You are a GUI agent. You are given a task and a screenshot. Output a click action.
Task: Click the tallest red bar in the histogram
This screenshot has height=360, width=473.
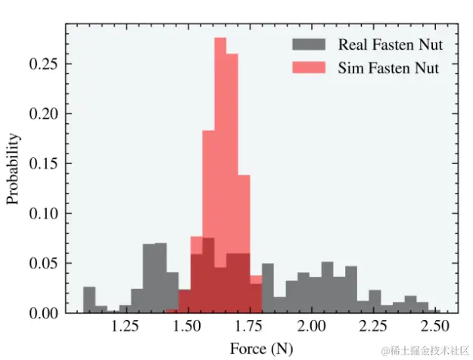pos(220,174)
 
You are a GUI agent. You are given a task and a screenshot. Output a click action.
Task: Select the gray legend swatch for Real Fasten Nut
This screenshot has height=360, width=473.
pos(311,45)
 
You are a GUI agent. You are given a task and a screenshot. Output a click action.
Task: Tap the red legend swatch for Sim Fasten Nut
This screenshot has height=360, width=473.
pos(311,67)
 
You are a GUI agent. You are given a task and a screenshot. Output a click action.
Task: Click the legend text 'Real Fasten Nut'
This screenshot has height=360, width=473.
pos(390,45)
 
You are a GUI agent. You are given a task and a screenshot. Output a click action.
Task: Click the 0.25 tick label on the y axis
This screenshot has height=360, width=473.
pos(44,64)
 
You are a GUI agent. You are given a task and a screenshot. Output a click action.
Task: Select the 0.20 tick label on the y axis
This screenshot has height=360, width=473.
pos(44,114)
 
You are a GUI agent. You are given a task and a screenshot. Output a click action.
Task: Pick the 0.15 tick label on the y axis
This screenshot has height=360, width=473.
pos(44,163)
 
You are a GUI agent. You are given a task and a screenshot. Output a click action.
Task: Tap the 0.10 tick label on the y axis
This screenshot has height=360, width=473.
pos(44,213)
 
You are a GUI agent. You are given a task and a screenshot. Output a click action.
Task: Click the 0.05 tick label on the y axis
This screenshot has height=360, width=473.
pos(44,263)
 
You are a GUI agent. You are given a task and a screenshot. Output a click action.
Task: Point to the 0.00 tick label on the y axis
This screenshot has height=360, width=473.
pos(44,312)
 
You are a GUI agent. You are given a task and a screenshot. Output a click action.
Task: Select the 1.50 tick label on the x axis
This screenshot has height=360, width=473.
pos(187,328)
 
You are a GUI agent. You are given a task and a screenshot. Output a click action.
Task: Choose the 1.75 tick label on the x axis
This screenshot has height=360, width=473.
pos(249,328)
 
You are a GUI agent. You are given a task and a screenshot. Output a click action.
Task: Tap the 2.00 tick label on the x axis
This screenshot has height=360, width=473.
pos(310,328)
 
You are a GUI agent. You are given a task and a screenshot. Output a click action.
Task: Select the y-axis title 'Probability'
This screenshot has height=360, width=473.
pos(13,169)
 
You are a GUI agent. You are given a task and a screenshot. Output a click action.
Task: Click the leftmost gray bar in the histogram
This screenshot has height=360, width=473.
pos(89,300)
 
